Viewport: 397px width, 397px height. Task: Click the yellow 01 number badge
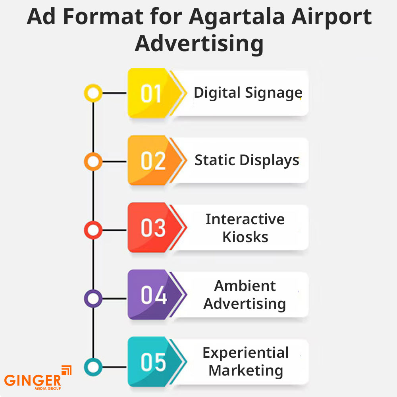point(155,93)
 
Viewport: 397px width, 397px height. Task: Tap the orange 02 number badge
point(155,160)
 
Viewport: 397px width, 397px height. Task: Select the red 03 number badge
point(155,227)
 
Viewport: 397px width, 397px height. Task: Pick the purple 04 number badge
point(155,295)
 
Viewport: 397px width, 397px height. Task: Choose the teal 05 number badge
point(155,362)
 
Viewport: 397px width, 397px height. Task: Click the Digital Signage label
point(248,93)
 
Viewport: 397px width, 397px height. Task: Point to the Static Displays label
point(247,160)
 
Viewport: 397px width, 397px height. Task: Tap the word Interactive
point(245,219)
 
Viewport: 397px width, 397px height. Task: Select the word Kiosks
point(245,237)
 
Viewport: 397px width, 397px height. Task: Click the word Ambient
point(245,286)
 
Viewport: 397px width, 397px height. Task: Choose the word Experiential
point(246,353)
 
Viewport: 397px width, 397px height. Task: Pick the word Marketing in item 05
point(246,371)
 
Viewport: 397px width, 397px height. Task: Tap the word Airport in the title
point(331,17)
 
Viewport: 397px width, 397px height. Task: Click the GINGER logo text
point(33,380)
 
